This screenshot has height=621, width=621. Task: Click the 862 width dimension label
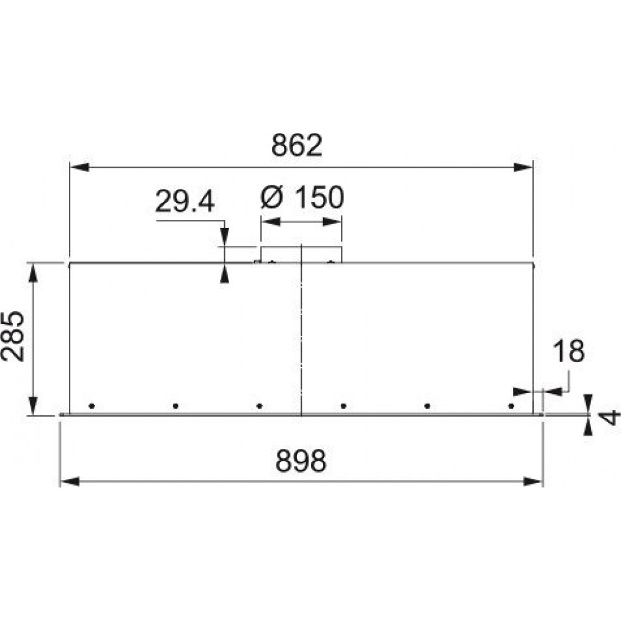tap(297, 145)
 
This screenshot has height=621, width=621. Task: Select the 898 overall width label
tap(301, 461)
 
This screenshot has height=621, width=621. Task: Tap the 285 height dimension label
tap(12, 336)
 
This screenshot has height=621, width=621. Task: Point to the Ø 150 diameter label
tap(302, 197)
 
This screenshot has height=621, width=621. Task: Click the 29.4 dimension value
tap(184, 201)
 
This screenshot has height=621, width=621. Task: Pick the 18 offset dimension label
tap(569, 351)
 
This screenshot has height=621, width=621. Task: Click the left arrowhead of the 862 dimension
tap(79, 167)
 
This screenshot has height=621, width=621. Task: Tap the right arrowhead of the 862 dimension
tap(523, 167)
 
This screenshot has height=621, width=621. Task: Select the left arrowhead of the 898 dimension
tap(70, 482)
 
